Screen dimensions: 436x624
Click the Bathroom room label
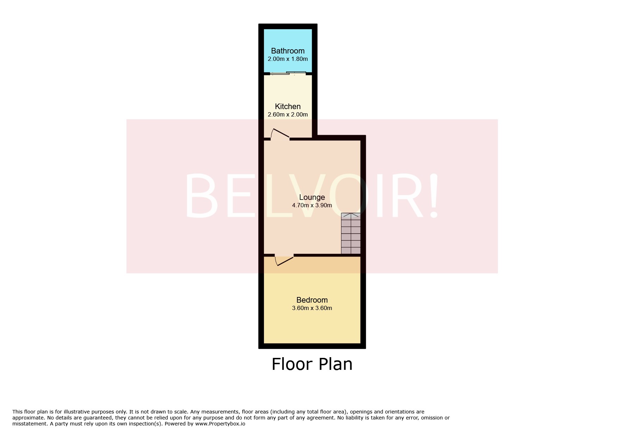(288, 51)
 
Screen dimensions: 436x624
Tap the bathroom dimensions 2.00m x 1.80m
(288, 59)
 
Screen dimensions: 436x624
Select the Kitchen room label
(288, 106)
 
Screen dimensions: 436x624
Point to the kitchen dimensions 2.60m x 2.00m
(288, 115)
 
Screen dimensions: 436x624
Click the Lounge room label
(312, 197)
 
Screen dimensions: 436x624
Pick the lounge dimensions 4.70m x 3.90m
(312, 206)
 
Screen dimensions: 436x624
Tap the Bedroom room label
(312, 300)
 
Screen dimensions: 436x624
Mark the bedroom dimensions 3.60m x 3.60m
(312, 308)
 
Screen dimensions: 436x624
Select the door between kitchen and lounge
(280, 135)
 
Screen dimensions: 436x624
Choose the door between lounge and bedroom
(284, 260)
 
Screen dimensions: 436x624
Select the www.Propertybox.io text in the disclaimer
(220, 424)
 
